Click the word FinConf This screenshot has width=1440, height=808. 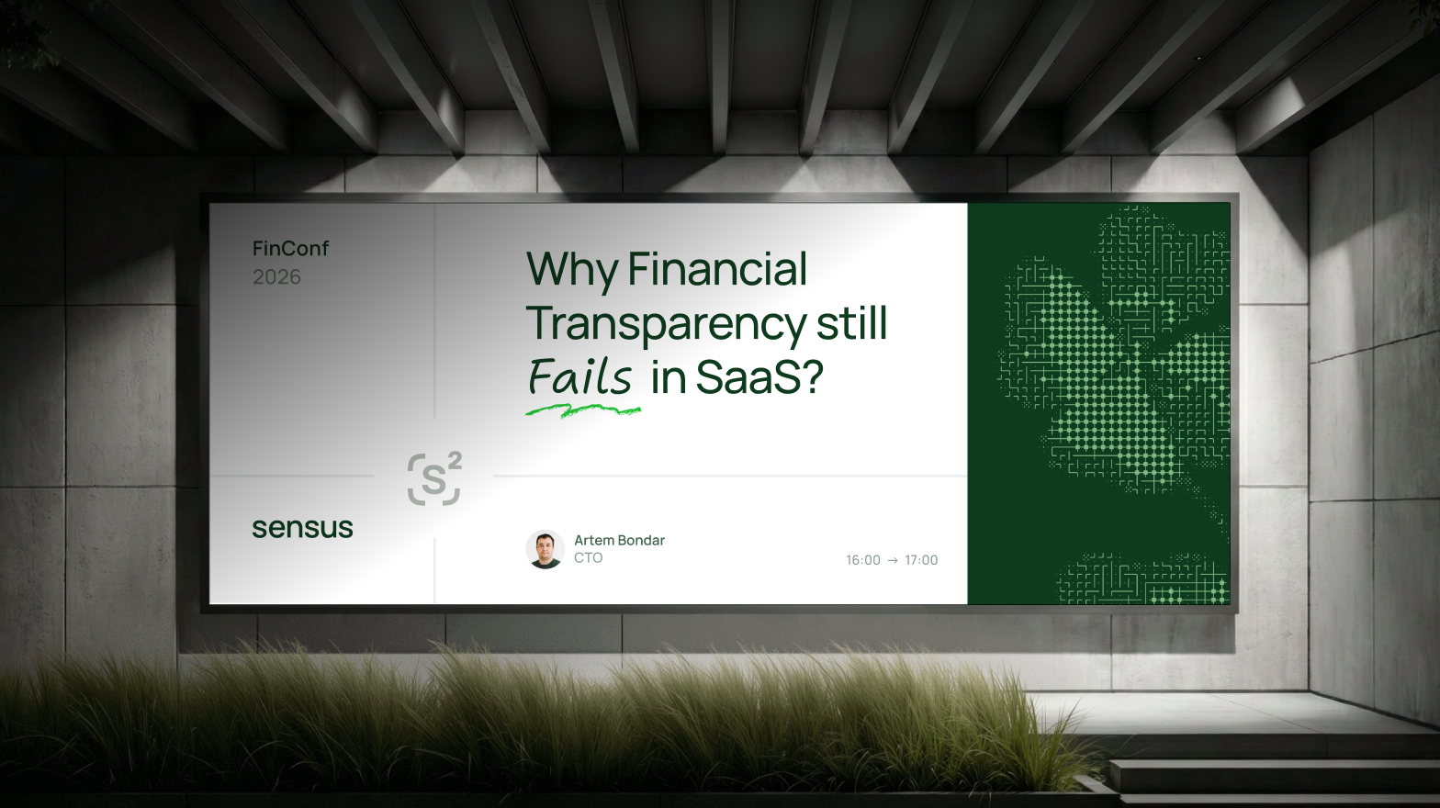pyautogui.click(x=290, y=248)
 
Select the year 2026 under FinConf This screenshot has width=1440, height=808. pyautogui.click(x=276, y=277)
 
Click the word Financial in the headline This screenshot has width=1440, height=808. pyautogui.click(x=717, y=268)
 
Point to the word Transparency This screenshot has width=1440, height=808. pyautogui.click(x=666, y=324)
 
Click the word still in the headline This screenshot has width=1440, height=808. pyautogui.click(x=852, y=322)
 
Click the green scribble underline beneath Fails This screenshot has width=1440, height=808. pyautogui.click(x=583, y=410)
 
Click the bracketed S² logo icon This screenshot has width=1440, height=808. pyautogui.click(x=434, y=479)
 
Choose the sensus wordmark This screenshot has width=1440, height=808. pyautogui.click(x=302, y=528)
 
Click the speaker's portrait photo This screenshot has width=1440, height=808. pyautogui.click(x=546, y=550)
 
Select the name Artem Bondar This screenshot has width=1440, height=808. pyautogui.click(x=619, y=541)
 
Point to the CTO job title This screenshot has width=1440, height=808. pyautogui.click(x=588, y=558)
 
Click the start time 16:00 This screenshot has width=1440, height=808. pyautogui.click(x=862, y=560)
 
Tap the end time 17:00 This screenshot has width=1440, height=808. pyautogui.click(x=921, y=560)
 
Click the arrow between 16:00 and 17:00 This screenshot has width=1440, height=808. pyautogui.click(x=893, y=560)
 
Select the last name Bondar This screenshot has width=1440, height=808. pyautogui.click(x=641, y=541)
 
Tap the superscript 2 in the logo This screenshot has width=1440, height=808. pyautogui.click(x=455, y=460)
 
